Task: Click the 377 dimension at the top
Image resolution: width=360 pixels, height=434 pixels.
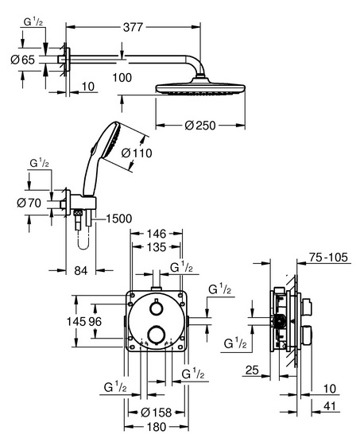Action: click(133, 27)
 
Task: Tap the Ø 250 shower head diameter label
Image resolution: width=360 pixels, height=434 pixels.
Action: click(200, 126)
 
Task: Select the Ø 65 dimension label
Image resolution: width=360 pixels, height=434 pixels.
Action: click(23, 60)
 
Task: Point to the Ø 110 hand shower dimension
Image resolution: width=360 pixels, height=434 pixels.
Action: click(137, 153)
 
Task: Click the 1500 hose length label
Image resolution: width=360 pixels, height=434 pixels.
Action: click(119, 219)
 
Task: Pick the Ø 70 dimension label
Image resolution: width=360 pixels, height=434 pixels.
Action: click(29, 203)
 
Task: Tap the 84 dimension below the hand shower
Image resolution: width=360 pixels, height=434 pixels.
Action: click(81, 270)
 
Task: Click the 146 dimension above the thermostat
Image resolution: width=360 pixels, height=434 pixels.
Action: click(157, 234)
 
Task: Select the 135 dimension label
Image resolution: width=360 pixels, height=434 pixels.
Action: click(157, 247)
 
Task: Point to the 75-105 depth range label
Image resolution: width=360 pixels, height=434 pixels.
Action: click(328, 258)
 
